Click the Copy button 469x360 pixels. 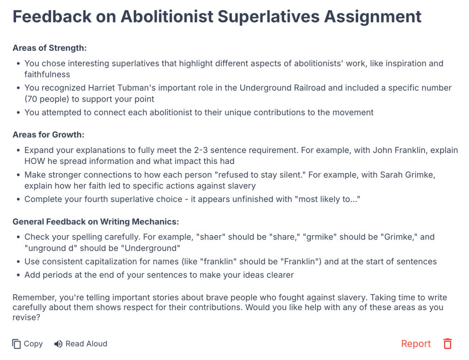(27, 344)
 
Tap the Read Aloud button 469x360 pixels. (81, 344)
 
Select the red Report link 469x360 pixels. (416, 344)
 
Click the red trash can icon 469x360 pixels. (447, 344)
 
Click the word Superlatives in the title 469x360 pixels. (268, 16)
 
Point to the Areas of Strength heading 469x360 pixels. (49, 48)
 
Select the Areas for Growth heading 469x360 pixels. (49, 135)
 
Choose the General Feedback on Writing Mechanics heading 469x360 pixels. (96, 222)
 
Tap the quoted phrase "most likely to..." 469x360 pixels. (327, 199)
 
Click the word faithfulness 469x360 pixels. (47, 75)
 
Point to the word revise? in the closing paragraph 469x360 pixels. (26, 317)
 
